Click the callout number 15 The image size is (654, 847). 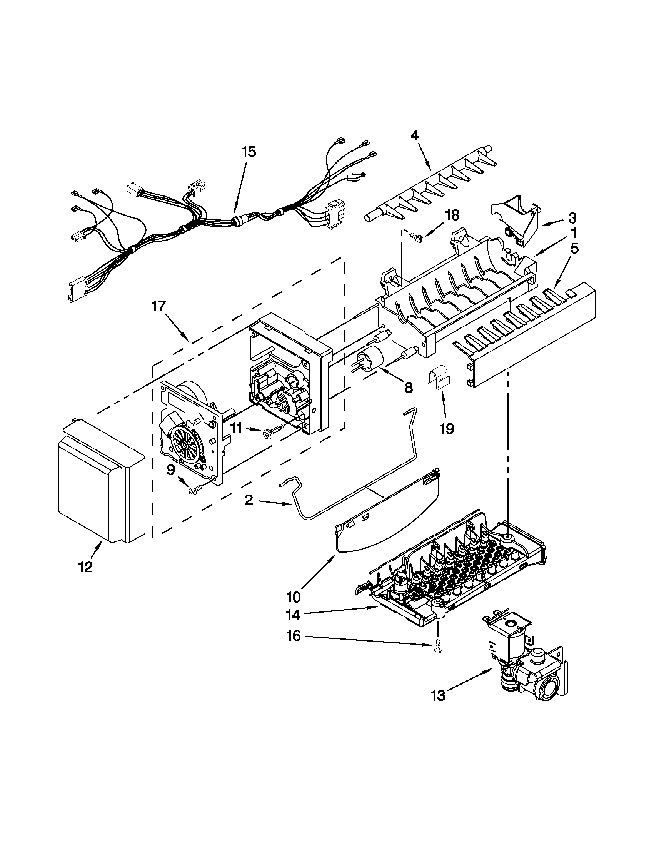(x=249, y=152)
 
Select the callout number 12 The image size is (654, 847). (x=86, y=567)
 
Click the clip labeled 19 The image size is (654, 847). (x=439, y=378)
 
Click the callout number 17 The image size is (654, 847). (x=158, y=307)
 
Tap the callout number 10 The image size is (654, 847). (x=294, y=597)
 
